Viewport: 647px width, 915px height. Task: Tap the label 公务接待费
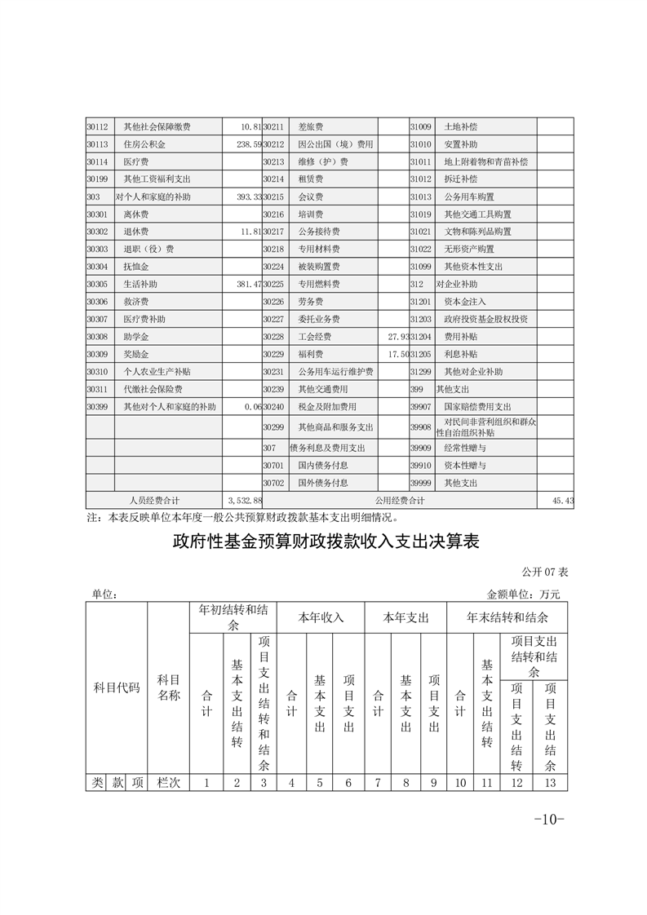(318, 232)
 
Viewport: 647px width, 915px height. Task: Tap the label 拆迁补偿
(461, 179)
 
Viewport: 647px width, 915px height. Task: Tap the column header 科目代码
(117, 688)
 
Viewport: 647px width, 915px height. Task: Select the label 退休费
(136, 232)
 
